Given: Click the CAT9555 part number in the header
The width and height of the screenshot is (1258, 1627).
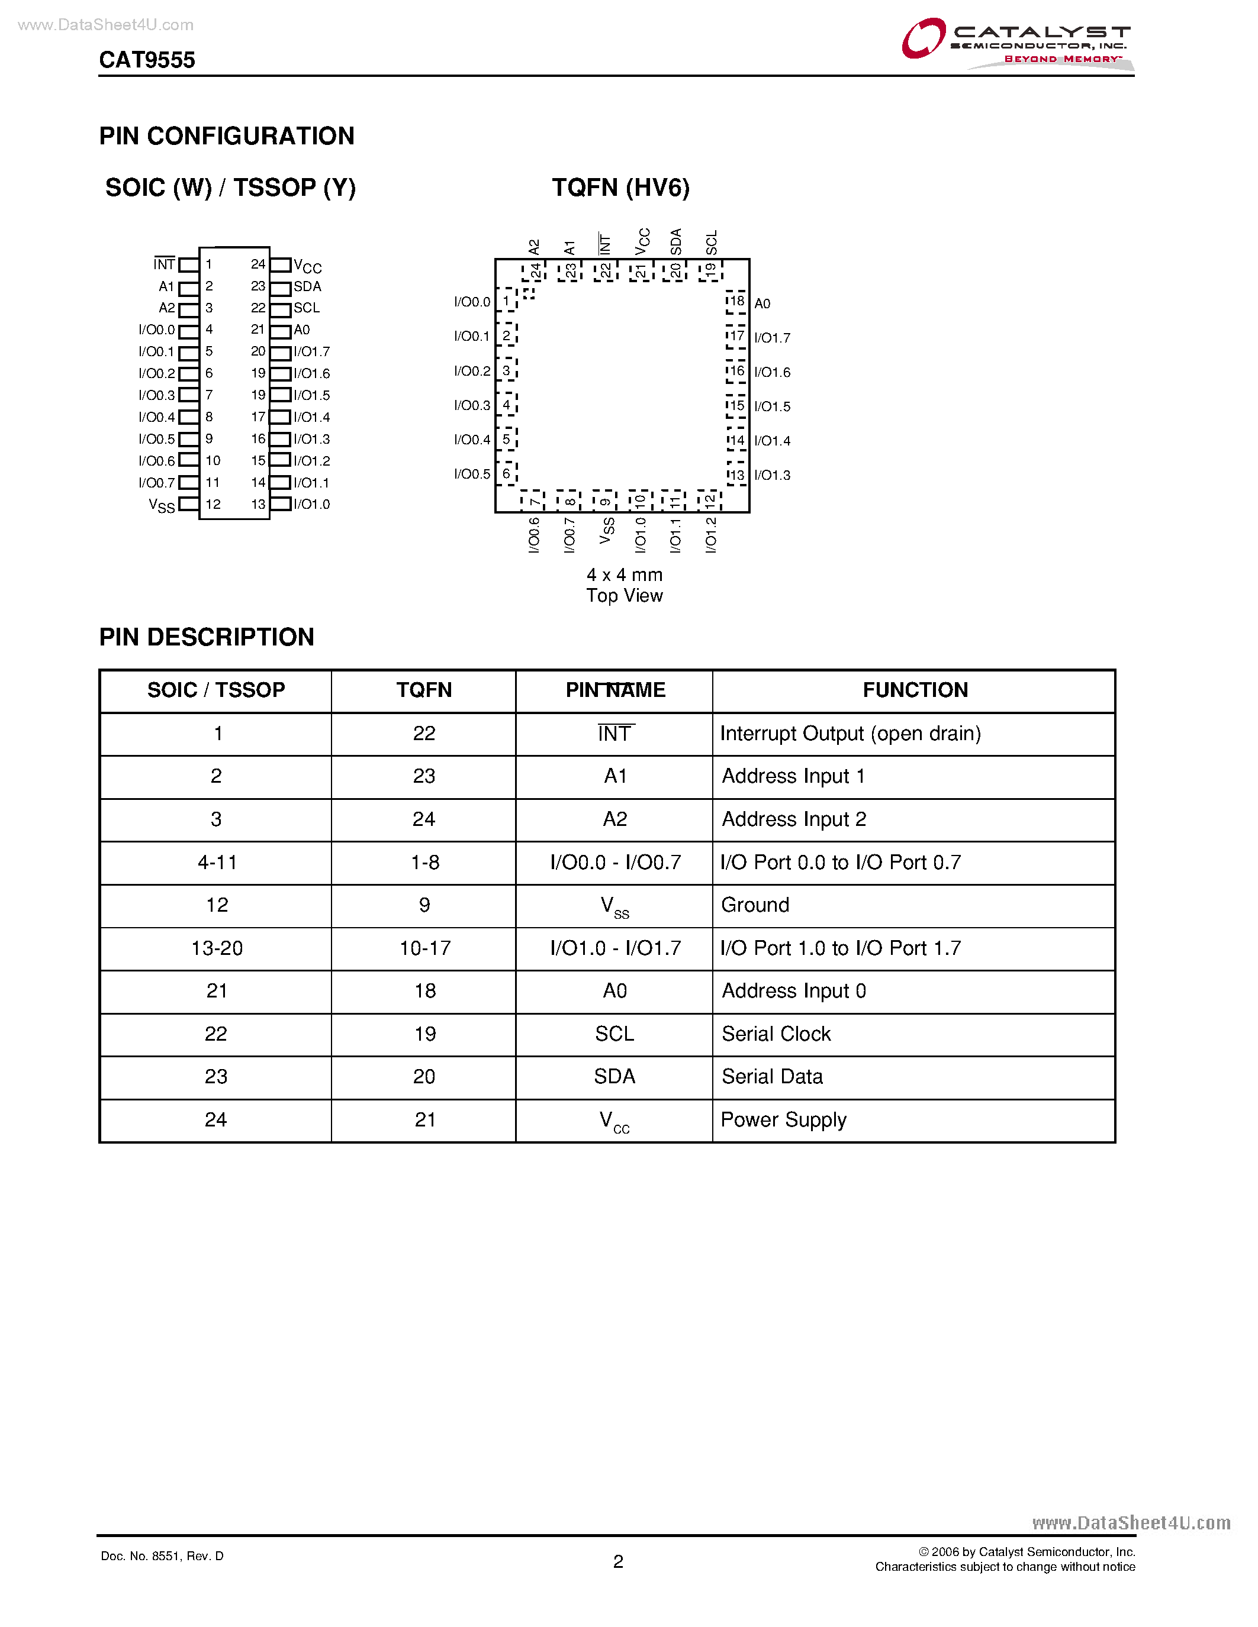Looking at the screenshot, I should click(147, 60).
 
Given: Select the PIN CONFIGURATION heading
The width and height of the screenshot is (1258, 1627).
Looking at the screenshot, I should click(227, 136).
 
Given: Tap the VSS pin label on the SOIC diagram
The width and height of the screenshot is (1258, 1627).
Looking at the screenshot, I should click(162, 506).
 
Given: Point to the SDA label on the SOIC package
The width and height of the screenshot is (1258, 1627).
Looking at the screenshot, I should click(307, 287).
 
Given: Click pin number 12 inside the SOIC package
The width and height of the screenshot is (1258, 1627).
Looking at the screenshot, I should click(213, 504).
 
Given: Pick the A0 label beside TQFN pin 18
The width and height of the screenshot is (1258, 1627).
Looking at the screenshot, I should click(762, 303).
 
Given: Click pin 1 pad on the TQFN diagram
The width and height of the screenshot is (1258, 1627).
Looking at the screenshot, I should click(507, 301).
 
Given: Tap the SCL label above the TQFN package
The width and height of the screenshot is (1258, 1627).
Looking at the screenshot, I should click(712, 242).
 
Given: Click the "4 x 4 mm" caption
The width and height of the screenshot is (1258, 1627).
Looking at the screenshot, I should click(625, 575).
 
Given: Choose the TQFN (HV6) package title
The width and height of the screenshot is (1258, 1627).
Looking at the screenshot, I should click(621, 188).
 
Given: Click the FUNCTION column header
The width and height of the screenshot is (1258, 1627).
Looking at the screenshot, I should click(915, 690).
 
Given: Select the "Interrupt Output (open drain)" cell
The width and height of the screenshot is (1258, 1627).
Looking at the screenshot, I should click(850, 734).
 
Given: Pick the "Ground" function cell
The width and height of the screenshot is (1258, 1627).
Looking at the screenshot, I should click(755, 905).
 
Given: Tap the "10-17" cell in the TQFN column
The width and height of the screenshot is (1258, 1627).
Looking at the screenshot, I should click(425, 948).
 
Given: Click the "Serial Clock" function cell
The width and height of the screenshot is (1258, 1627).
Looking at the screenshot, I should click(776, 1034).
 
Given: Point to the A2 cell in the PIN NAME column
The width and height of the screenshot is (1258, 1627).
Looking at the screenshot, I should click(615, 819).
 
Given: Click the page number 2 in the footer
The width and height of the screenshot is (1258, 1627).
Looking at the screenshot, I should click(618, 1562).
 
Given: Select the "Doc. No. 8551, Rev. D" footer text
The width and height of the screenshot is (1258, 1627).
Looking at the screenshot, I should click(162, 1556).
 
